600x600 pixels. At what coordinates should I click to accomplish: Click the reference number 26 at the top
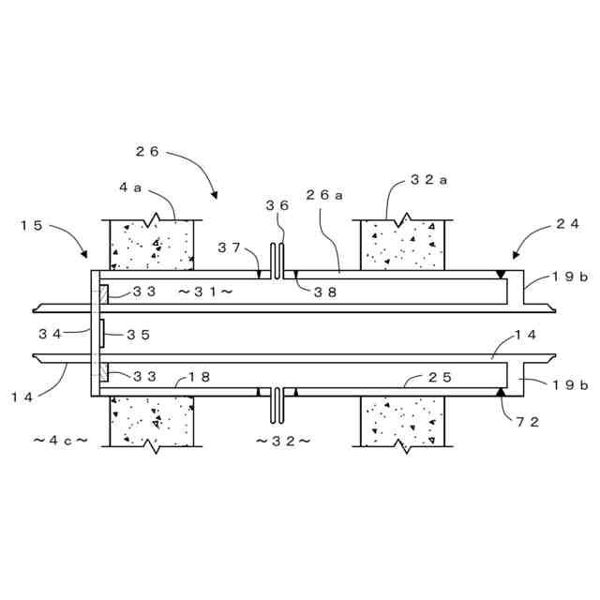point(148,151)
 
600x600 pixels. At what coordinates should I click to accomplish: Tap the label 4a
point(130,187)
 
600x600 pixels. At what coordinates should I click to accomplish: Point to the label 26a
point(324,195)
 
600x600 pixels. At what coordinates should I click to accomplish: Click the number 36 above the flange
point(277,204)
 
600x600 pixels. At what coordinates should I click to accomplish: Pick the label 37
point(230,247)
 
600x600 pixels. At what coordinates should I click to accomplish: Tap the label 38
point(324,292)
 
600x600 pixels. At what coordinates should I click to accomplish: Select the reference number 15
point(31,225)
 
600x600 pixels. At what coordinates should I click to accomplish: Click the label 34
point(51,334)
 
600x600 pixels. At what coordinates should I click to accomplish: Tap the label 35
point(137,334)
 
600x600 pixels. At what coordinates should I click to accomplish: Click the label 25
point(441,377)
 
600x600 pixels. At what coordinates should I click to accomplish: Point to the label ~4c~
point(60,440)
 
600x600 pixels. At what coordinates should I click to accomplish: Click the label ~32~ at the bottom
point(283,440)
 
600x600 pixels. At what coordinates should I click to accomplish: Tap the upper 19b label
point(570,277)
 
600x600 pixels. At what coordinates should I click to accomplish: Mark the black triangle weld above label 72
point(502,391)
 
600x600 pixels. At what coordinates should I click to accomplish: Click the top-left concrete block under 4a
point(151,245)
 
